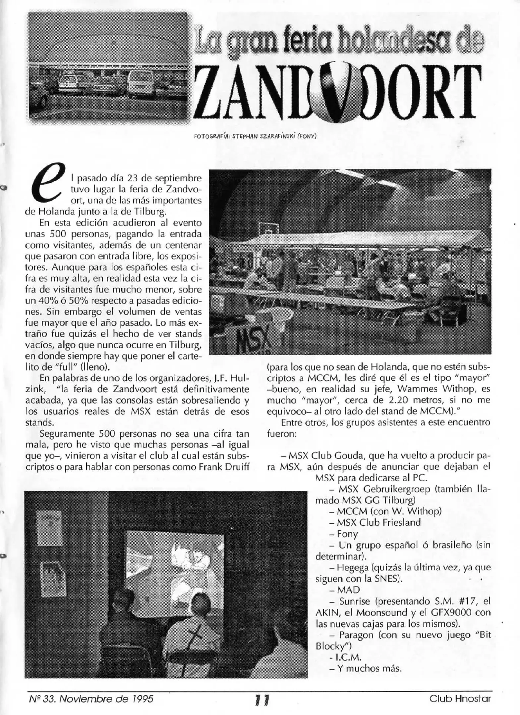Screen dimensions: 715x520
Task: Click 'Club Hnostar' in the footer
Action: coord(460,699)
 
